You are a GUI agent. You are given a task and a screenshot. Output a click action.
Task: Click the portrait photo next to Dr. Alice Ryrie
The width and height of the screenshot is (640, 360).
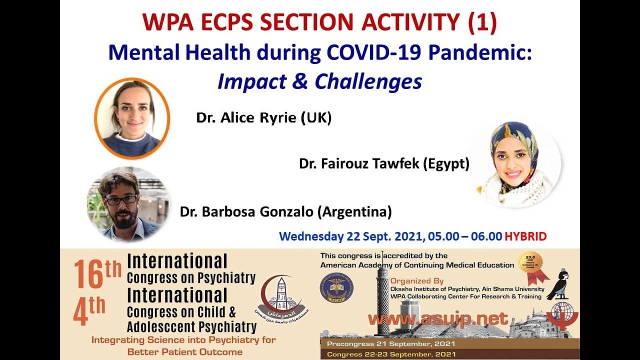tap(132, 118)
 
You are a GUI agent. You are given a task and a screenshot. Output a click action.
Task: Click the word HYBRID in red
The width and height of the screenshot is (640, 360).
tap(525, 236)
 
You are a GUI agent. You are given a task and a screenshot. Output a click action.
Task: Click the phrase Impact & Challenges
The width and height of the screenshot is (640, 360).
tap(319, 81)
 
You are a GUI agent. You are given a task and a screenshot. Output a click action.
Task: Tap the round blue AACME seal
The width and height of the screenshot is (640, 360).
tap(336, 289)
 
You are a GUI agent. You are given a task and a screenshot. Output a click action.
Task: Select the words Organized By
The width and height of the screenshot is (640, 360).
tap(417, 280)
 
